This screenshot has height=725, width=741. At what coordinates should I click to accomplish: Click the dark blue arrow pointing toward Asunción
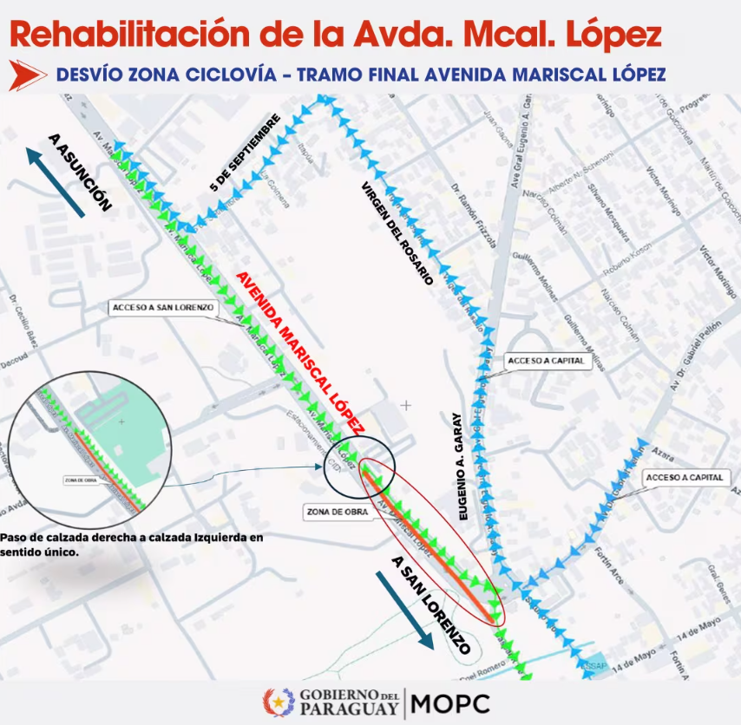point(55,182)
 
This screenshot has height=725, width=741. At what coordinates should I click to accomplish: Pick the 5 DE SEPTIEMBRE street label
point(246,152)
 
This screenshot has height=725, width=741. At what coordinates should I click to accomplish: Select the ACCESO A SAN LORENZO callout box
point(162,307)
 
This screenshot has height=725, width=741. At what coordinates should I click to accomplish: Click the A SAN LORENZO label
point(432,605)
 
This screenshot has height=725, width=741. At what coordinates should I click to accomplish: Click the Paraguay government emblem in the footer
point(279,702)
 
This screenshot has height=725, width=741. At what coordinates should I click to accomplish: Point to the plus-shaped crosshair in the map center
point(406,404)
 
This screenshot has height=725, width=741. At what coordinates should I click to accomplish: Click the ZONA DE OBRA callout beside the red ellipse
point(333,512)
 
